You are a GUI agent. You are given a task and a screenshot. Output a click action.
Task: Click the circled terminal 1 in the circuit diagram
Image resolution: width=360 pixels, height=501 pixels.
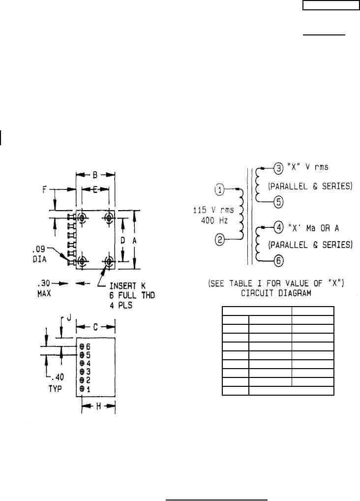coord(219,190)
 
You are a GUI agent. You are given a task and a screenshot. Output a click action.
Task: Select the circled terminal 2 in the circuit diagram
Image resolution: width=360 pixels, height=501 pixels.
coord(219,239)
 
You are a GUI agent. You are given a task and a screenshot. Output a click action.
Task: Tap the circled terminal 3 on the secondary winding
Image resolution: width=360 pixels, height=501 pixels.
coord(278,168)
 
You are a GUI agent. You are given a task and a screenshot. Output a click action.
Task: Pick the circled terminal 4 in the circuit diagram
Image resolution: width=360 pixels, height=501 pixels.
coord(279,228)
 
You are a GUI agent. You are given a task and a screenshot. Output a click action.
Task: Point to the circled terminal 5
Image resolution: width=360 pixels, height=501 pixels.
coord(278,202)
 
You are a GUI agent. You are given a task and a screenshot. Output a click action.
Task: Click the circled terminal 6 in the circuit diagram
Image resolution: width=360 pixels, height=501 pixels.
coord(279,261)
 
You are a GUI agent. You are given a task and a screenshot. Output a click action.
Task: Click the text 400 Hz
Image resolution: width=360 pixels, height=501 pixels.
coord(214,220)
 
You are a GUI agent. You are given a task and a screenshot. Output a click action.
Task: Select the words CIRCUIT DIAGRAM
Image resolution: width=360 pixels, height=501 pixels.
coord(276,293)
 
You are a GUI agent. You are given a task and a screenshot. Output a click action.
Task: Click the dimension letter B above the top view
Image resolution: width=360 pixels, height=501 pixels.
coord(95,175)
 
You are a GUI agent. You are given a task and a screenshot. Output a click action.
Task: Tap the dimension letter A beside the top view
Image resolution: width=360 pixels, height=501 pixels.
coord(134,241)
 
